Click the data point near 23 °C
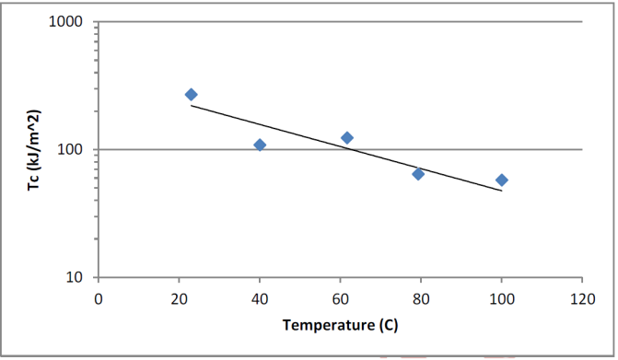point(192,95)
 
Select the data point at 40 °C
point(260,145)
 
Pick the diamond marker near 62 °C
point(347,138)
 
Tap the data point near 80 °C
point(418,174)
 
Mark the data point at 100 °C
point(502,180)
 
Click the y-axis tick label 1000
point(65,21)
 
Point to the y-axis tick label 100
point(70,149)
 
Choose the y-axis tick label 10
point(74,277)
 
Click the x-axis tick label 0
point(99,299)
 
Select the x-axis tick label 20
point(179,299)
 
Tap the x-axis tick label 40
point(260,299)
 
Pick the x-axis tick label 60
point(340,299)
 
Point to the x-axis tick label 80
point(421,299)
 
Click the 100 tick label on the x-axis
point(501,299)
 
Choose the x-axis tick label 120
point(582,299)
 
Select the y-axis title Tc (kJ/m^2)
point(34,150)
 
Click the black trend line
point(346,148)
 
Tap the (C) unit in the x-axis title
point(389,325)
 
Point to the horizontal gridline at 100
point(340,150)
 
